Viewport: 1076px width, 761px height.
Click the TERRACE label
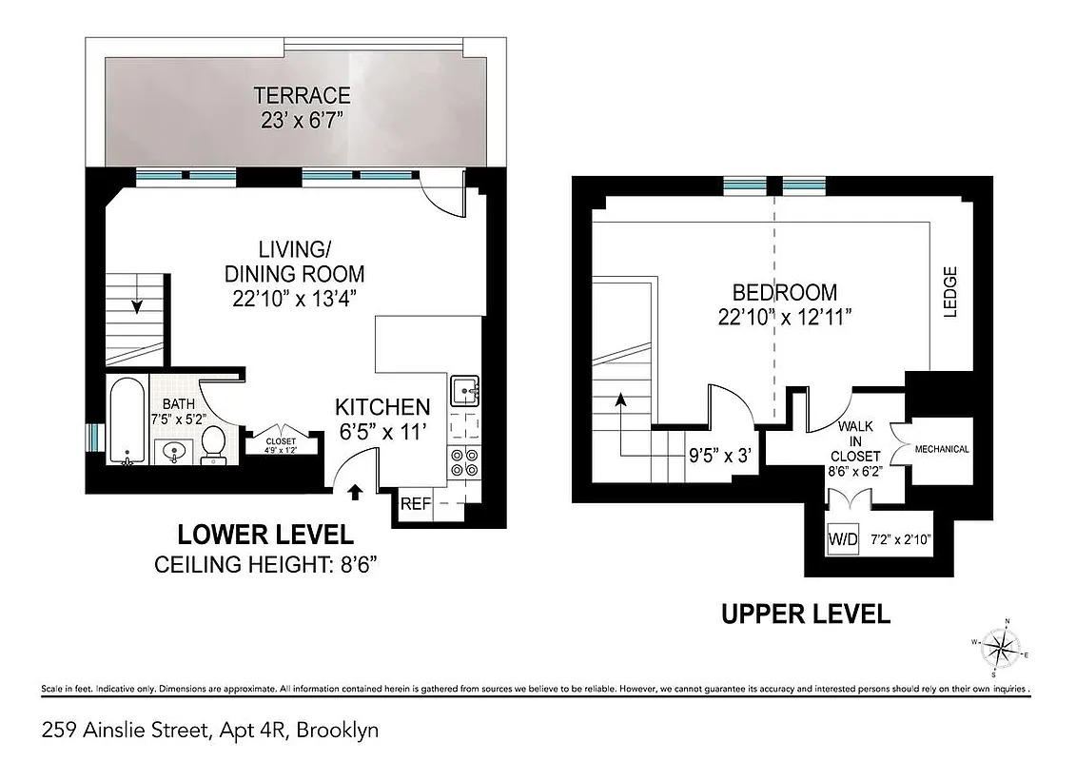302,96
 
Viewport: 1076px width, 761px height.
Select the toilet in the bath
214,443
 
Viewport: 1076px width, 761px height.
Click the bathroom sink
172,452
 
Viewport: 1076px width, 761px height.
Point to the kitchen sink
465,389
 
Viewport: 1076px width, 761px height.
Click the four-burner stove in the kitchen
464,462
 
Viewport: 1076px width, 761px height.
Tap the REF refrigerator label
415,504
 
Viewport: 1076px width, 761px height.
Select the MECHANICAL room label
941,449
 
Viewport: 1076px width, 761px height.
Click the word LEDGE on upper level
949,291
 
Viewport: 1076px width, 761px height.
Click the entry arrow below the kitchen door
356,492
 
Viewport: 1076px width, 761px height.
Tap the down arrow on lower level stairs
138,305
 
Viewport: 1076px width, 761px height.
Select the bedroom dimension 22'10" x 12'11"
784,317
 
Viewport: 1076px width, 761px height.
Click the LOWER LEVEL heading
265,535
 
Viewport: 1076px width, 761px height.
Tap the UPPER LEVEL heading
805,614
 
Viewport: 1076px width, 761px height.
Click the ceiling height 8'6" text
265,565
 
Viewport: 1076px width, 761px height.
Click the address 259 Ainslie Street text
210,731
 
